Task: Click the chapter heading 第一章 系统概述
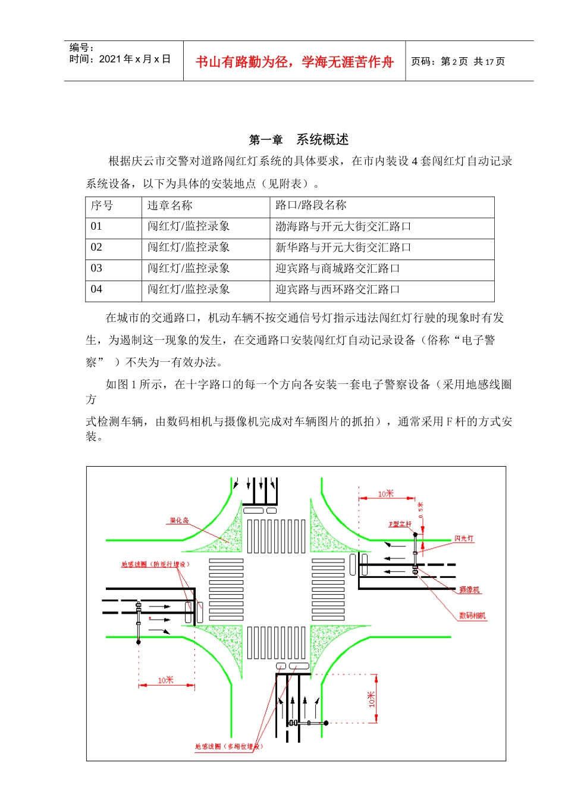[299, 140]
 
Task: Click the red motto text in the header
[294, 62]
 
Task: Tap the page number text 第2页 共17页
[457, 62]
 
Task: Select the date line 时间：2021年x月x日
[120, 59]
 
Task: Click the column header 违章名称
[170, 206]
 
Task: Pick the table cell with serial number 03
[96, 268]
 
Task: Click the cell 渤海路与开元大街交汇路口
[343, 227]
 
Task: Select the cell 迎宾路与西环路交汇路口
[337, 289]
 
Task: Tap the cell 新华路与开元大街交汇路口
[343, 248]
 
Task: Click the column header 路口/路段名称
[310, 206]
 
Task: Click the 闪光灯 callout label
[464, 538]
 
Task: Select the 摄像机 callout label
[469, 590]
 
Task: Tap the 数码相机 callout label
[472, 615]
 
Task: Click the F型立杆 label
[400, 524]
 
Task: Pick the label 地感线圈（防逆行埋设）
[155, 564]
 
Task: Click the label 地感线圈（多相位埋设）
[228, 746]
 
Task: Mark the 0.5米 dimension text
[421, 510]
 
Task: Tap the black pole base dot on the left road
[139, 642]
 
